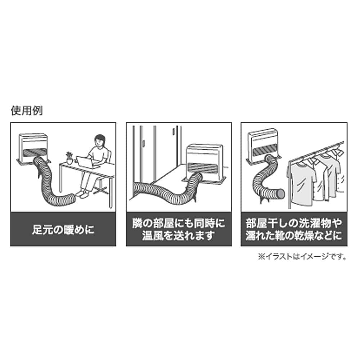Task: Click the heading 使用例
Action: click(x=27, y=111)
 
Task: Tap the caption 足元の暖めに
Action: click(x=63, y=229)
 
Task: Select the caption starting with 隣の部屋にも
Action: click(x=179, y=229)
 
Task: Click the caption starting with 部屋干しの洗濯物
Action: click(x=294, y=229)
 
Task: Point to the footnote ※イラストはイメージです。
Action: click(x=302, y=256)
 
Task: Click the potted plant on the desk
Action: click(x=69, y=158)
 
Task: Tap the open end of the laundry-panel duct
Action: click(x=281, y=194)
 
